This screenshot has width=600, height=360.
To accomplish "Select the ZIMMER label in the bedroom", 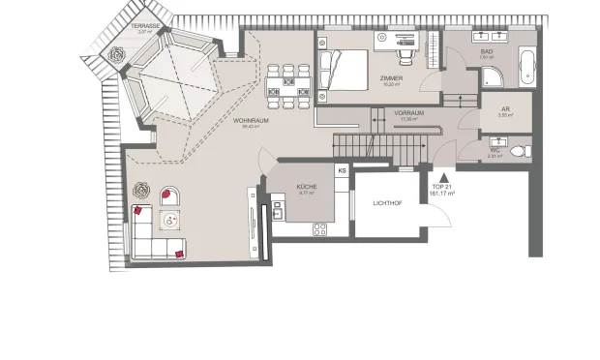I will coord(391,79).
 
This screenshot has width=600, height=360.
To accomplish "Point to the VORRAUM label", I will coord(409,113).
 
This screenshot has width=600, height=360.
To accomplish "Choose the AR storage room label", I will coord(505,110).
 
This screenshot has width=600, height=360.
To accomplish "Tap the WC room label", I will coord(495,150).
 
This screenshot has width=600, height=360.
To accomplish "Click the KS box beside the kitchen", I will coord(342,171).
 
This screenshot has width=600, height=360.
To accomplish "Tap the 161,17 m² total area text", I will coord(443,194).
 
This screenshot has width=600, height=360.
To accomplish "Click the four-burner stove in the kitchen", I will coord(317,228).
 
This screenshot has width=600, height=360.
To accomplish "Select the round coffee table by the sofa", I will coord(171,221).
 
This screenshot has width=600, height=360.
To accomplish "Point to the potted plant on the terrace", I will coord(118,56).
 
